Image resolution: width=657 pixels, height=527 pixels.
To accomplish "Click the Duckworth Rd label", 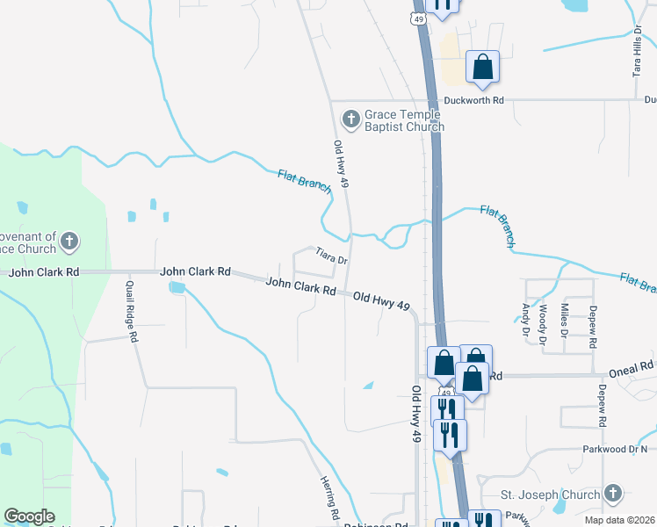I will (x=473, y=100).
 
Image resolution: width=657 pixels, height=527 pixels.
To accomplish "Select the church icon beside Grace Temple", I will (x=350, y=119).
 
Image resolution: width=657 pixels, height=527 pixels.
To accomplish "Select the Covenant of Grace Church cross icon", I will (x=70, y=240).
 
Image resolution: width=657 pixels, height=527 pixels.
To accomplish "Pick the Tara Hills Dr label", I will (x=638, y=52).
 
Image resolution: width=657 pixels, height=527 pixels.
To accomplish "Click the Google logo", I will (x=29, y=516).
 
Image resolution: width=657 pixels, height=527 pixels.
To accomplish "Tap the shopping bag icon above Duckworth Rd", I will (x=482, y=66).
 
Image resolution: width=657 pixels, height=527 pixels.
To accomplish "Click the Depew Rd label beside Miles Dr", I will (x=594, y=323).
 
